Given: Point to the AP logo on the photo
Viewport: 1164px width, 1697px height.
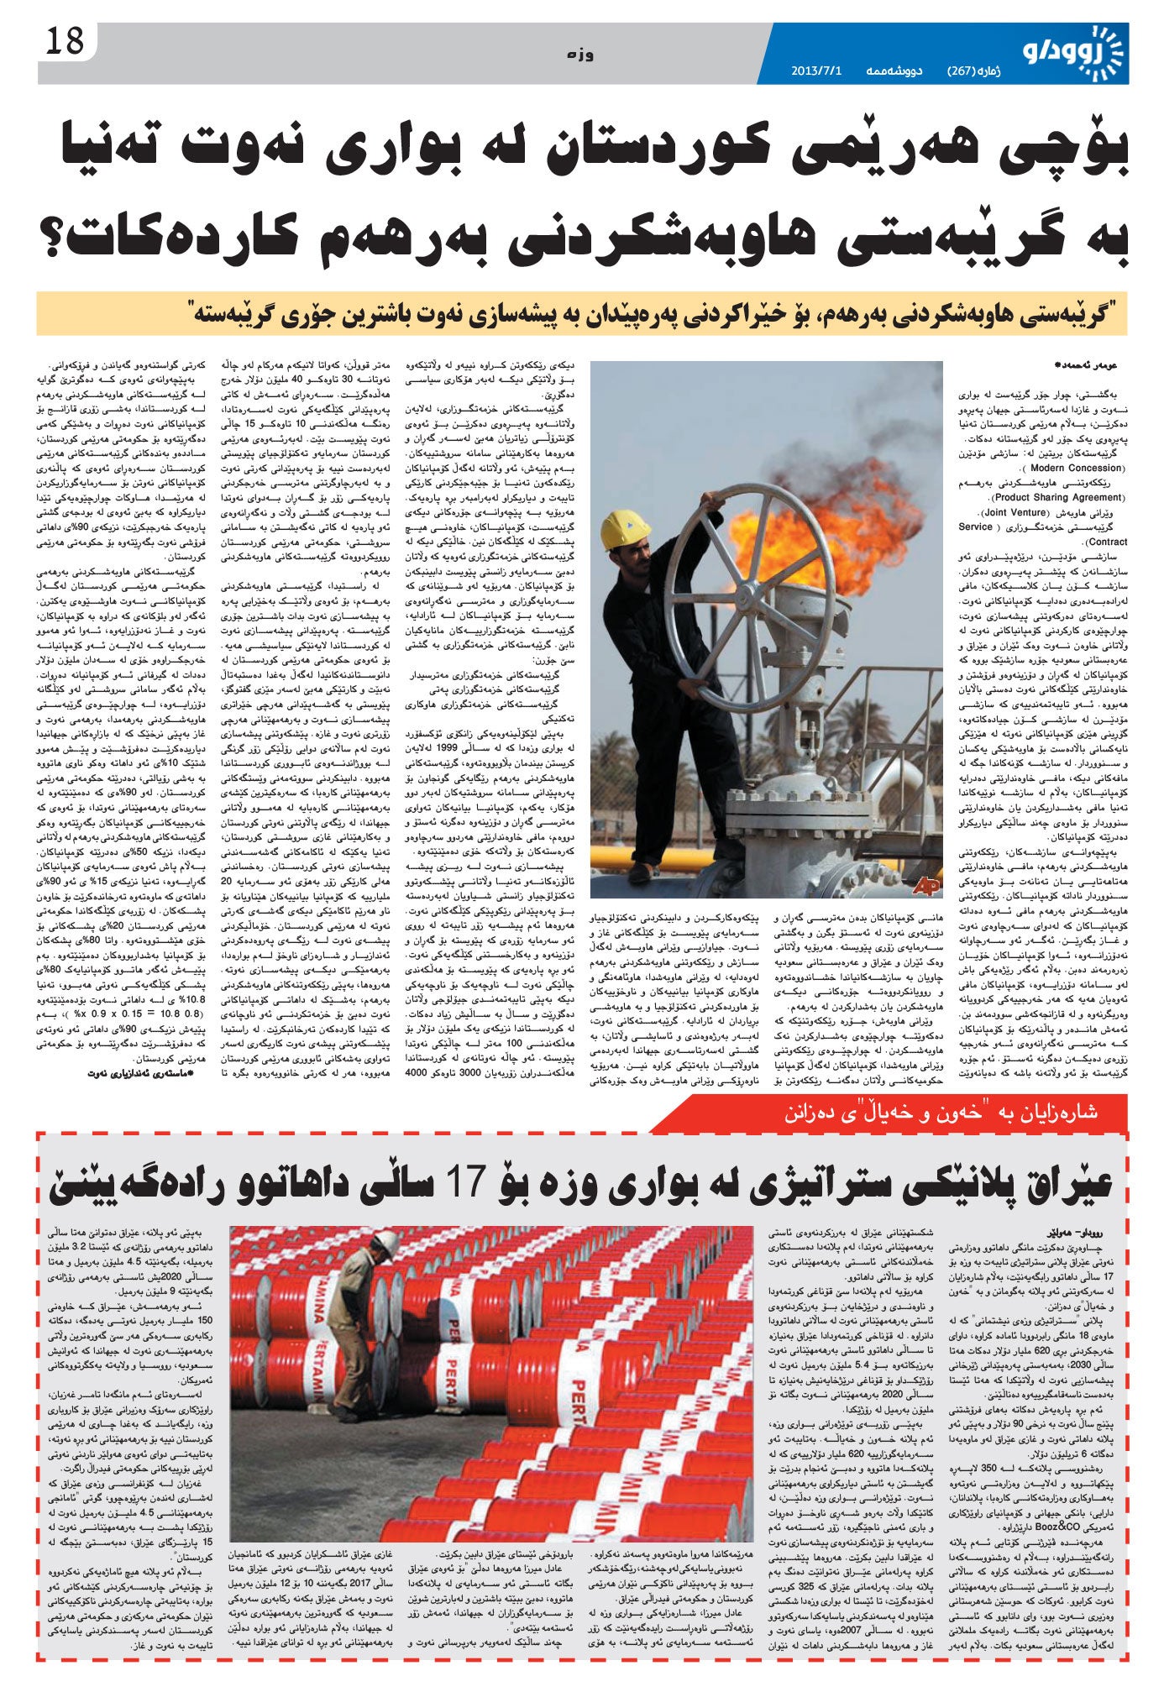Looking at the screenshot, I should pyautogui.click(x=925, y=886).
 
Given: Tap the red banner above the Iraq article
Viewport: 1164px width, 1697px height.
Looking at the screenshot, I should pyautogui.click(x=890, y=1113).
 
